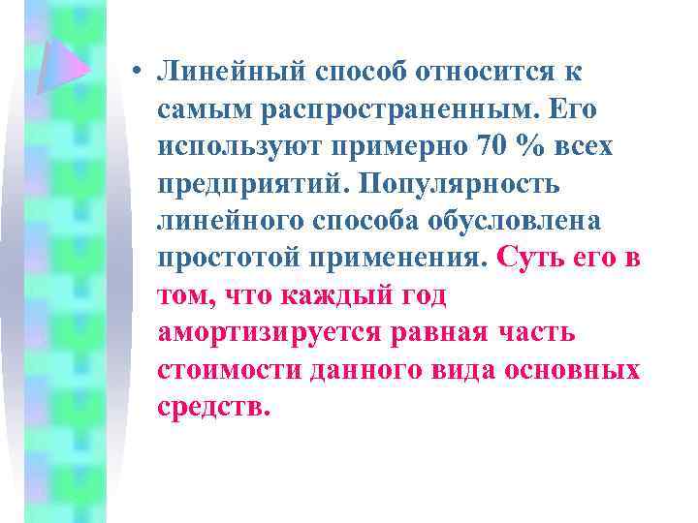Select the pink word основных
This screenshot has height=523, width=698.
(x=582, y=370)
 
